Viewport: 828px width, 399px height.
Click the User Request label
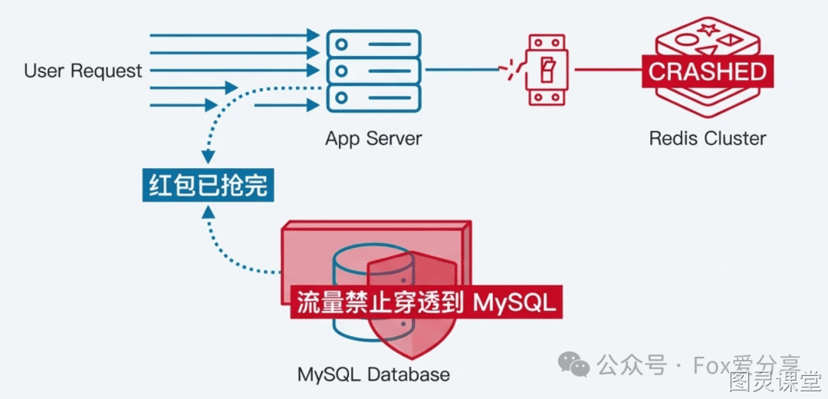click(x=84, y=71)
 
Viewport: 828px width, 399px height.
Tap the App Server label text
click(x=373, y=138)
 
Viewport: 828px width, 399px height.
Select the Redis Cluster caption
click(x=707, y=138)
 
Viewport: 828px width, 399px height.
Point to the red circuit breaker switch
click(x=546, y=69)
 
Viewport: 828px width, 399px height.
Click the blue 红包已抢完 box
click(x=208, y=185)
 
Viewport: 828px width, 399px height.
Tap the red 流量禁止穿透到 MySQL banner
click(x=426, y=303)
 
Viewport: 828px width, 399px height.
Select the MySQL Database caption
click(x=373, y=374)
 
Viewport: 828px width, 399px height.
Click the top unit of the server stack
click(x=373, y=42)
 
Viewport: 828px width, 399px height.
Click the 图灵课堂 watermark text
click(x=774, y=381)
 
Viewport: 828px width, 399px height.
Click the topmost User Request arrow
click(x=235, y=35)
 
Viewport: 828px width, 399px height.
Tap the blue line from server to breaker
click(x=462, y=69)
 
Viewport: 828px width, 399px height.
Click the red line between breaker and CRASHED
click(x=608, y=69)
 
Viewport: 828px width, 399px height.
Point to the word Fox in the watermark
click(x=708, y=364)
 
